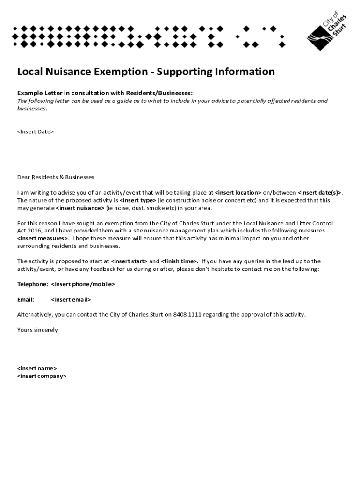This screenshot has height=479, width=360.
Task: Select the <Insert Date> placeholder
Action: (x=36, y=131)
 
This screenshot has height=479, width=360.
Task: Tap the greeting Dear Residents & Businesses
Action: (x=56, y=177)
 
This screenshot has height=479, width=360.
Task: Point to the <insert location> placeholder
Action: (x=238, y=192)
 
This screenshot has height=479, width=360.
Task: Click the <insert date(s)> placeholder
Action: (x=320, y=192)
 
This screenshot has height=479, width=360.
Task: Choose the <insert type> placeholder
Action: (x=138, y=200)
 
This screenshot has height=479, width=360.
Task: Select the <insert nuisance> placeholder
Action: (x=80, y=208)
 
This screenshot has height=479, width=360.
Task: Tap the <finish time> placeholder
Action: (x=180, y=261)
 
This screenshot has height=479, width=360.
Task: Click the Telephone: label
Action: (x=32, y=284)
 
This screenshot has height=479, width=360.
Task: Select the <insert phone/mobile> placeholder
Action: (x=83, y=284)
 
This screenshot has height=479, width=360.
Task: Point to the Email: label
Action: (x=26, y=299)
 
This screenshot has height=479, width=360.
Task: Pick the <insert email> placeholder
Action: (x=71, y=299)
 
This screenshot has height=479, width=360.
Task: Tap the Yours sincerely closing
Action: (x=37, y=330)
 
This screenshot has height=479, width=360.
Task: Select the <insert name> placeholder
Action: (x=37, y=368)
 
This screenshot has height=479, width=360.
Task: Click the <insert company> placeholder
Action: (x=42, y=376)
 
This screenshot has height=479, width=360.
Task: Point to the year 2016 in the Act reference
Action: (x=35, y=231)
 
